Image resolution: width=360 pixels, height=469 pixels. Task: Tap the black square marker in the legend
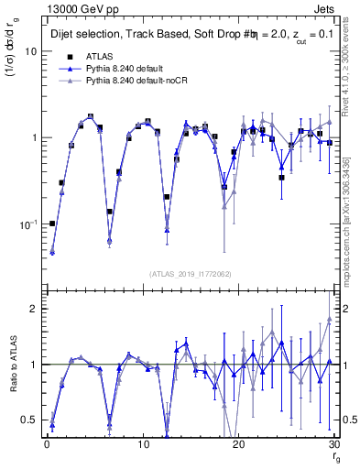[x=64, y=57]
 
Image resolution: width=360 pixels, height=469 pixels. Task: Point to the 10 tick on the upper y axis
[x=27, y=52]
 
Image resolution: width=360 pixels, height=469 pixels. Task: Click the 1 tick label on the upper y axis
[x=30, y=138]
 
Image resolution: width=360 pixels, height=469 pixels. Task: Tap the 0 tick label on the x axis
[x=46, y=443]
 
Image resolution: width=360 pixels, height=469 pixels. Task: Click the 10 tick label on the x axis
[x=142, y=443]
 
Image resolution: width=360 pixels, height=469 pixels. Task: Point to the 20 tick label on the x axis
[x=238, y=443]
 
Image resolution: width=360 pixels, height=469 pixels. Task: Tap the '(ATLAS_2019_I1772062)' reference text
[x=191, y=273]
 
